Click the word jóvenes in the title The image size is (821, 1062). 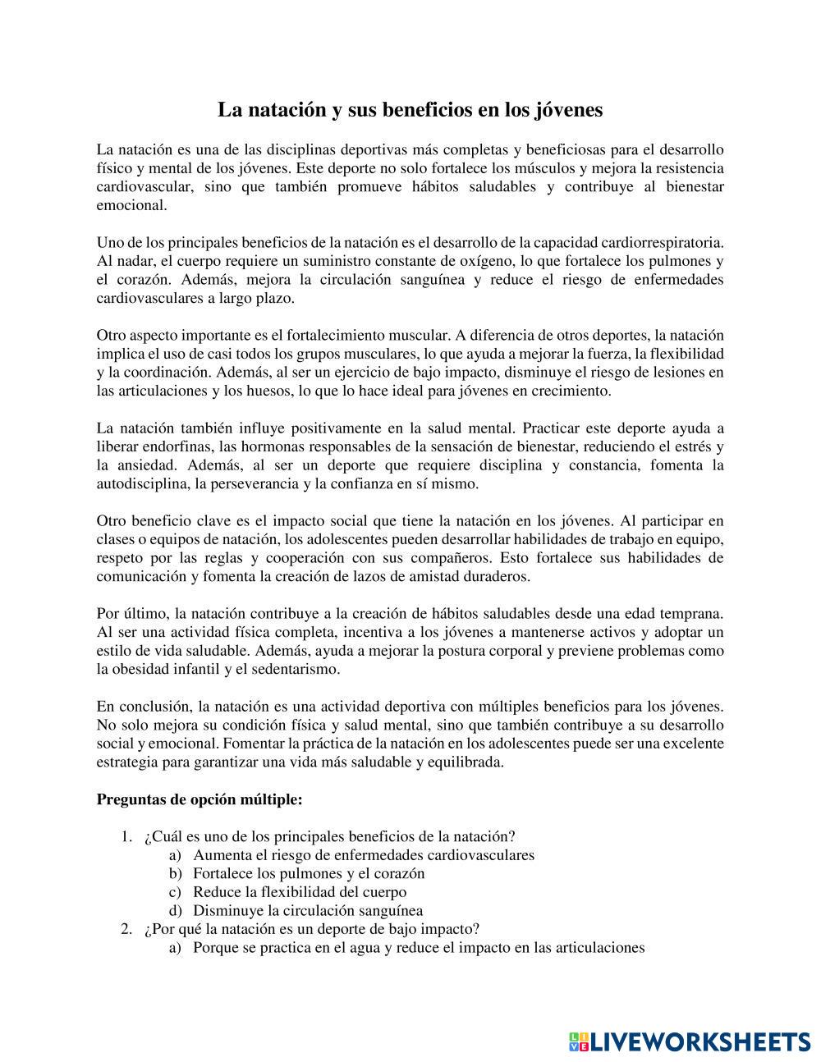(568, 110)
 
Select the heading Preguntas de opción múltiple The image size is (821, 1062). (200, 799)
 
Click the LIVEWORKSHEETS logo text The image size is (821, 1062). (699, 1041)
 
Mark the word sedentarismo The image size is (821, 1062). (298, 669)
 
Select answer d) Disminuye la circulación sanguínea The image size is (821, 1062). (307, 910)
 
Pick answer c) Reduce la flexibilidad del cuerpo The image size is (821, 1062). (299, 891)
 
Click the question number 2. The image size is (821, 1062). (126, 929)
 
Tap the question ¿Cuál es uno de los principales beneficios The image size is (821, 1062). (328, 836)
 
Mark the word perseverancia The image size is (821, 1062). (244, 483)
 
